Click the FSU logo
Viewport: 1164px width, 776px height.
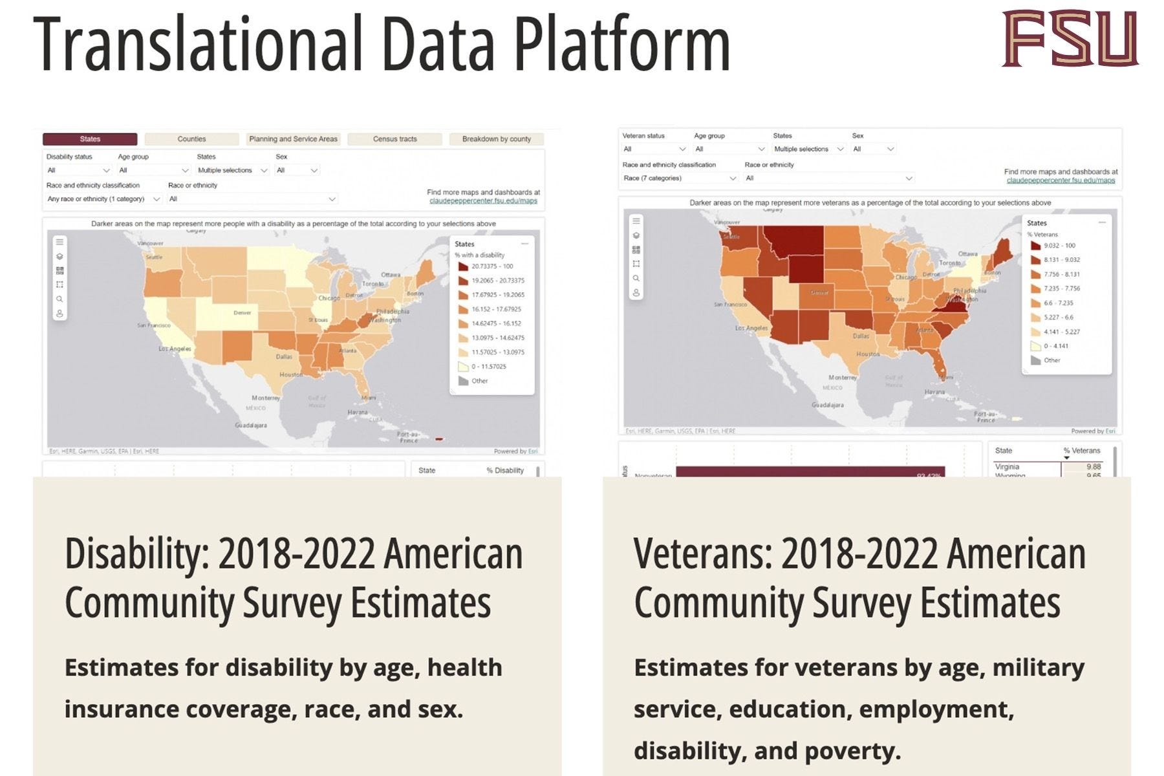coord(1070,39)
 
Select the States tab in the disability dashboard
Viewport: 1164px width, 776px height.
coord(90,139)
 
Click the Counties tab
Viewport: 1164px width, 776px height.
coord(191,139)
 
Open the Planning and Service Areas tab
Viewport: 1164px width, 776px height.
coord(293,139)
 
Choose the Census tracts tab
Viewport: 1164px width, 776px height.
coord(394,139)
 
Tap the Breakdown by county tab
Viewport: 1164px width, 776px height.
coord(496,139)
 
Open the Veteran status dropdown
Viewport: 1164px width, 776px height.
coord(653,149)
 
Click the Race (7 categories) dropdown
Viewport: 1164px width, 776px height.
coord(679,178)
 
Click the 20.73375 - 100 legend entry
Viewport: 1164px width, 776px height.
coord(491,266)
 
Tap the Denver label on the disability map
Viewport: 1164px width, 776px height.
coord(242,313)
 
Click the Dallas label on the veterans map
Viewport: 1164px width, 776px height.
coord(861,336)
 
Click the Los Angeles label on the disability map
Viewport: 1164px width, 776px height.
coord(175,349)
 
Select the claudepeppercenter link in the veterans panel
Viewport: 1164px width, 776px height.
coord(1061,180)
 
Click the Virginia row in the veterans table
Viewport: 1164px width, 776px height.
coord(1048,467)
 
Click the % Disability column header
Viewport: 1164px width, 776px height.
coord(505,471)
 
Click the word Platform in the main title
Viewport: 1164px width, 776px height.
coord(621,44)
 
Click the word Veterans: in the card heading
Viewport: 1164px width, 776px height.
coord(702,555)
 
